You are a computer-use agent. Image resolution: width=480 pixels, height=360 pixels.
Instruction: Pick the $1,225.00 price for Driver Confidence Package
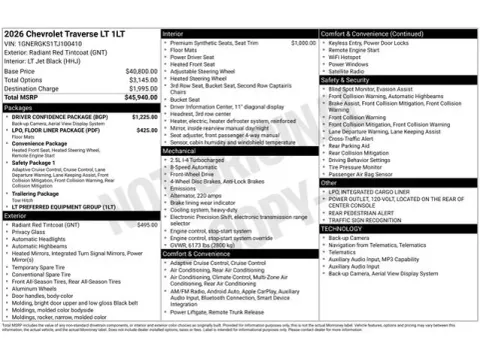tap(146, 117)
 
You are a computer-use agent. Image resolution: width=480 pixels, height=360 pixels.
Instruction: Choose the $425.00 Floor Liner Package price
tap(147, 130)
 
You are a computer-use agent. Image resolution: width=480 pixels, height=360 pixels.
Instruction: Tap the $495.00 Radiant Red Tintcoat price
tap(147, 225)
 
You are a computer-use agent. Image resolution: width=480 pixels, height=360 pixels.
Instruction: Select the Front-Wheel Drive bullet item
tap(197, 173)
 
